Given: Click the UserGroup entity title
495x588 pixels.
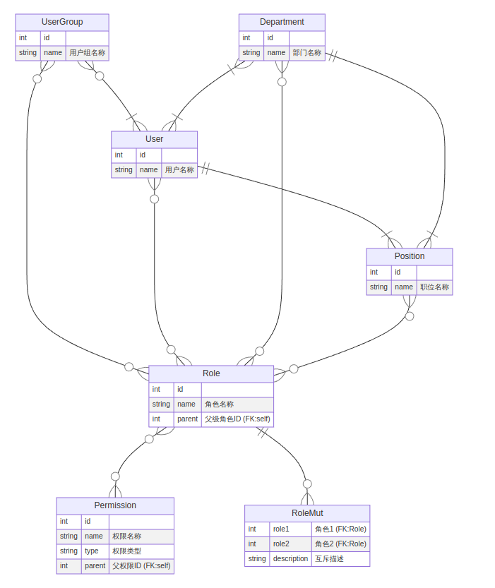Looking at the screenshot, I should pos(62,22).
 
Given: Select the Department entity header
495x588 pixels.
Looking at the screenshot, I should pos(282,22).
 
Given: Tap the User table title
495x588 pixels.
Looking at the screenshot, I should pos(154,139).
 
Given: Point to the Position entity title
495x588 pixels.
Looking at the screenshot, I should pos(410,256).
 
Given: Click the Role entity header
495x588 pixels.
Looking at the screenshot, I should pos(211,373).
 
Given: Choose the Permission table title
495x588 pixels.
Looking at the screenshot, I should pos(115,505).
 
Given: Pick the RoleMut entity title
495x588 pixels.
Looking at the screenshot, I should pos(307,513).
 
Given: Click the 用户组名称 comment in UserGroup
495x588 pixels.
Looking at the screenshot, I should pos(88,53).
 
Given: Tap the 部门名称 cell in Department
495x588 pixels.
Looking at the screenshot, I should pos(307,53).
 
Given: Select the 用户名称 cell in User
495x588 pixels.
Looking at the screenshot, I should pos(179,170).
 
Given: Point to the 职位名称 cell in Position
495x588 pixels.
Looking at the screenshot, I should pos(434,287).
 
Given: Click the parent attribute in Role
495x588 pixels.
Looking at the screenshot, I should pos(188,419).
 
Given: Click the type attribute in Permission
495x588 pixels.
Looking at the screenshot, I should pos(92,551).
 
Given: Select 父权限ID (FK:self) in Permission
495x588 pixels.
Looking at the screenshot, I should pos(141,566).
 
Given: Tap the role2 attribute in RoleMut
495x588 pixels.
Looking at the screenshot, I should pos(281,544).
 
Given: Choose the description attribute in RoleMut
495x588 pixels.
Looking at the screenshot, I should pos(291,559).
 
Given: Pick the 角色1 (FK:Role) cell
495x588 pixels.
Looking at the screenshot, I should pos(340,529).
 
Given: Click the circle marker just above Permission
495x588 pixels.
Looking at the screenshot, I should pos(115,476).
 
